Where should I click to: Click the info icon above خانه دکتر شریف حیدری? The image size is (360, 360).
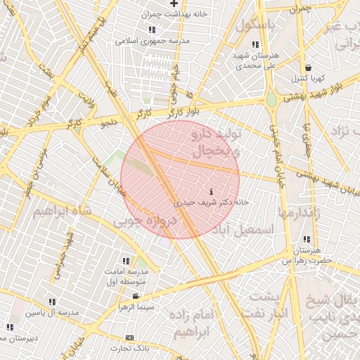(x=212, y=192)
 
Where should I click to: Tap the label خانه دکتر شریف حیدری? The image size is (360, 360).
(x=212, y=202)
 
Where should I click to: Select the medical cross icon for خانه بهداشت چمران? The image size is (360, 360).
(x=174, y=4)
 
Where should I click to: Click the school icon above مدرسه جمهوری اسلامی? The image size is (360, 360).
(x=152, y=30)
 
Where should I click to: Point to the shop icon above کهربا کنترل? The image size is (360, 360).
(x=307, y=67)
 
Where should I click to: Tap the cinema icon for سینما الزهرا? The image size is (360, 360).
(x=135, y=296)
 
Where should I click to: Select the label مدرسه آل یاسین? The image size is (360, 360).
(x=53, y=311)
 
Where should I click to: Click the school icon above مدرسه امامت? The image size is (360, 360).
(x=127, y=261)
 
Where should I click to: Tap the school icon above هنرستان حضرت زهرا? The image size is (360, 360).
(x=305, y=240)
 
